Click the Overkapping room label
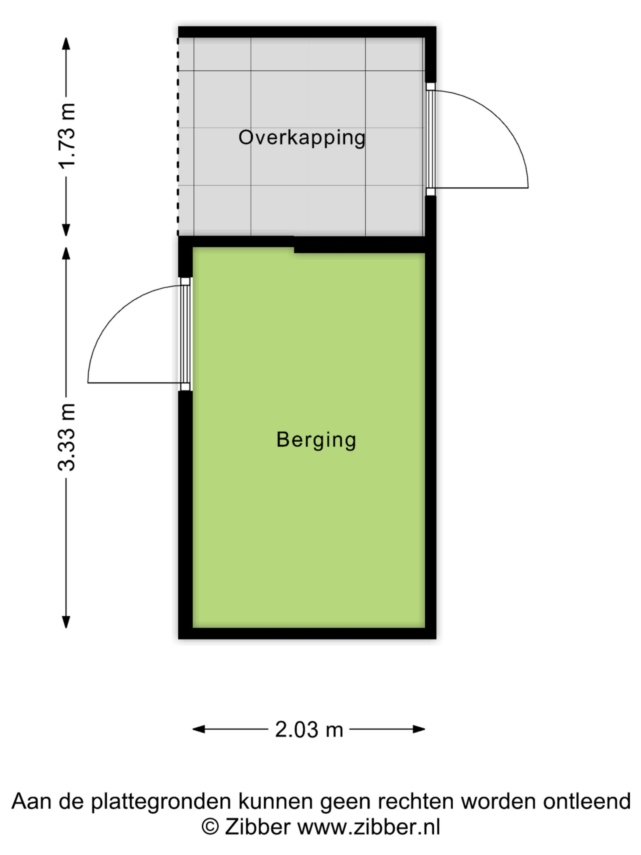coord(302,138)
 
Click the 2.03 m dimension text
coord(309,730)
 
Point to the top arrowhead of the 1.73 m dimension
coord(66,44)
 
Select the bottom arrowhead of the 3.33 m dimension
coord(66,622)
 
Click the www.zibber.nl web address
coord(369,827)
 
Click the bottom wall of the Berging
coord(307,633)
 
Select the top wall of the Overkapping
coord(307,32)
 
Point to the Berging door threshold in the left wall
coord(186,334)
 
